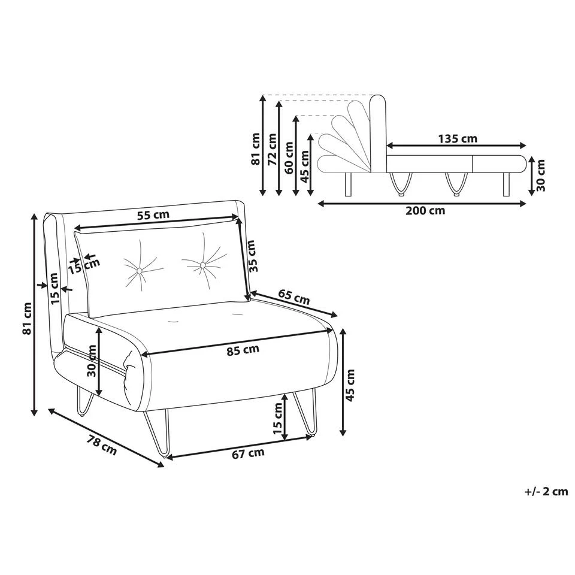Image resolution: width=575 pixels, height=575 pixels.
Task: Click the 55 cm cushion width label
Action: coord(153,214)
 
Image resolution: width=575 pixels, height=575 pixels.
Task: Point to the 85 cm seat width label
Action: coord(243,350)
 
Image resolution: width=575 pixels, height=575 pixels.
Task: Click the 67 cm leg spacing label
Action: coord(248,453)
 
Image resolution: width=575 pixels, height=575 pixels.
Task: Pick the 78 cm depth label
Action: coord(102,444)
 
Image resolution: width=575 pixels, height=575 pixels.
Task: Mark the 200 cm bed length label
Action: coord(425,210)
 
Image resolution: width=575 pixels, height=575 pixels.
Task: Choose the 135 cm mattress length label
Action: coord(458,139)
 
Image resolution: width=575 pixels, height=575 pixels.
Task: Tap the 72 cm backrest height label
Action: coord(273,149)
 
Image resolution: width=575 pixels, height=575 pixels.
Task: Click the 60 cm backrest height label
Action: coord(289,158)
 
